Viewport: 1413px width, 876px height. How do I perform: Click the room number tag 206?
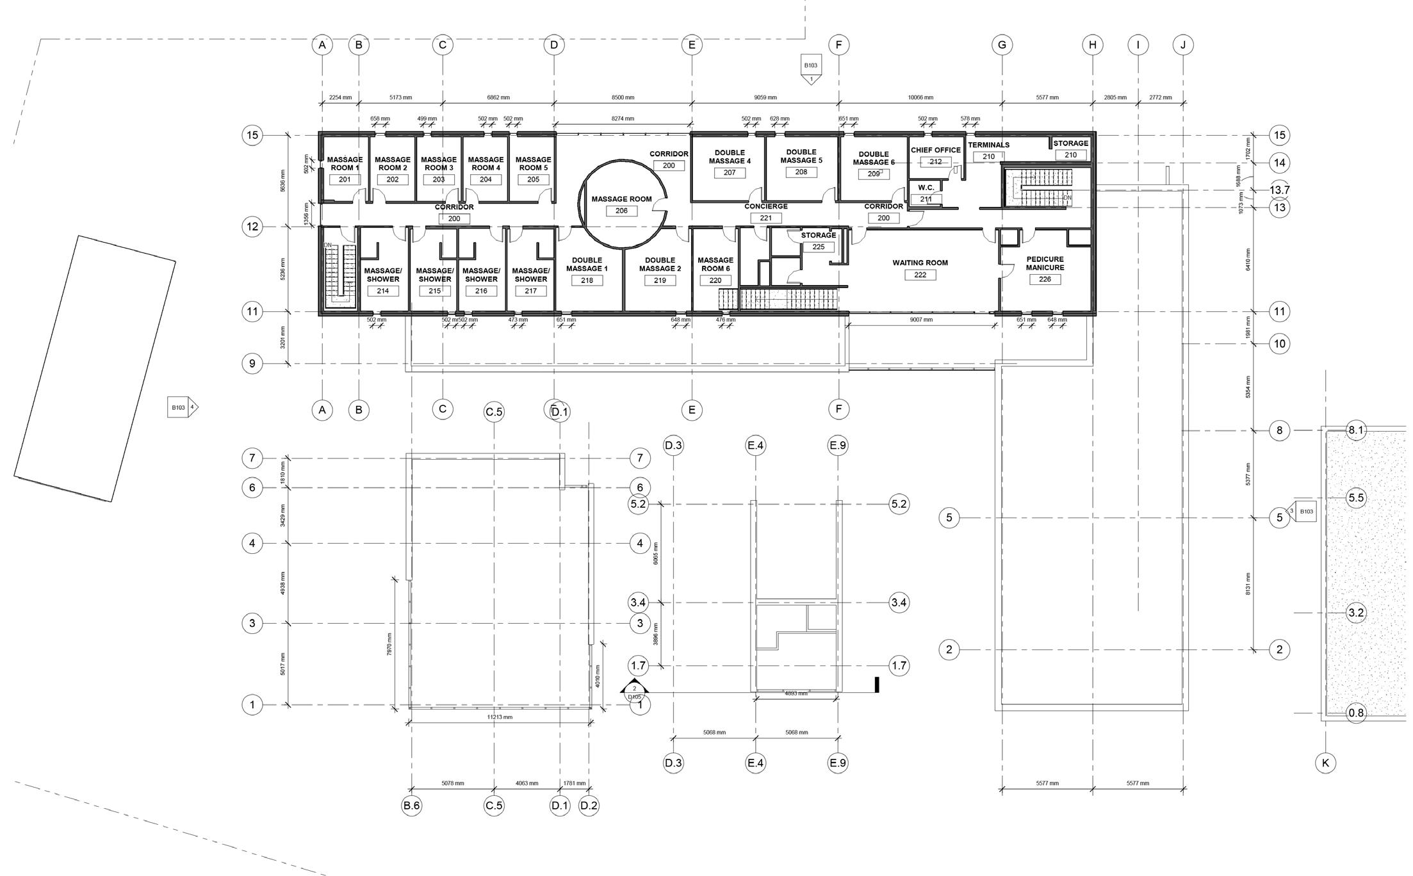[621, 211]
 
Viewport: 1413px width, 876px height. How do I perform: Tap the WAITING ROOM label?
[920, 263]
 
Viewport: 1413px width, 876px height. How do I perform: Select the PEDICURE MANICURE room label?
[1045, 263]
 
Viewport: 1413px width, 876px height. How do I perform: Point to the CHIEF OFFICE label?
[936, 150]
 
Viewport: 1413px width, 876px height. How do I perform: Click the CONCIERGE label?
[765, 206]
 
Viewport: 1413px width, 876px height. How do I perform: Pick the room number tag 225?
[818, 247]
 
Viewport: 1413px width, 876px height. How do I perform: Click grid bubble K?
[1325, 763]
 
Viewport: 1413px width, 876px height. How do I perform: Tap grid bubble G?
[1002, 45]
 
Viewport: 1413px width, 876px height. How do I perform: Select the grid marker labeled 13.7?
[1280, 190]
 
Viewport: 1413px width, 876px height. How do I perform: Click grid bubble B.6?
[411, 805]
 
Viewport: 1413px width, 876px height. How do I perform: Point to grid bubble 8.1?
[1356, 430]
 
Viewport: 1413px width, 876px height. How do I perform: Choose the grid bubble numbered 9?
[252, 364]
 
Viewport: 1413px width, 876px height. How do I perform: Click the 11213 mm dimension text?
[500, 717]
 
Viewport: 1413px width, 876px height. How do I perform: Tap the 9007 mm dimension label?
[920, 319]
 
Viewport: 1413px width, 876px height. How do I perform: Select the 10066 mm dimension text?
[920, 98]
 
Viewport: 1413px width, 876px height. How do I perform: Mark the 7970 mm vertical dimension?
[389, 643]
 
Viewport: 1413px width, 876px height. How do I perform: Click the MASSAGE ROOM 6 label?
[715, 264]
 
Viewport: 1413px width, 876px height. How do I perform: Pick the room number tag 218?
[587, 280]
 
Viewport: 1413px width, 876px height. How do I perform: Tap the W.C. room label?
[926, 188]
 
